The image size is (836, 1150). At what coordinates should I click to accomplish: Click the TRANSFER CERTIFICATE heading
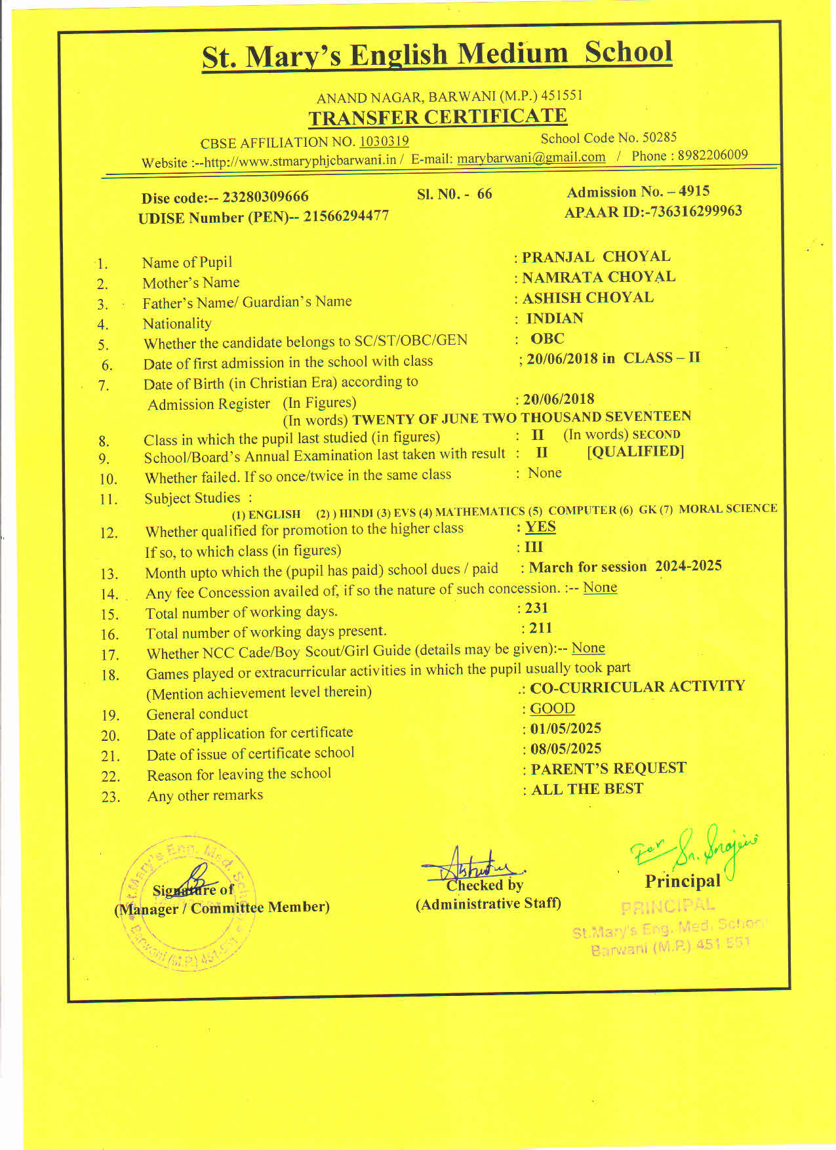point(437,117)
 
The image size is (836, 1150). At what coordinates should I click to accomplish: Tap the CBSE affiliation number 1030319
point(384,141)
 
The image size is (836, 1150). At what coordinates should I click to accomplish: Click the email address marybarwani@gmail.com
point(531,158)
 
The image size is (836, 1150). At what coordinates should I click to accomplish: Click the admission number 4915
point(694,191)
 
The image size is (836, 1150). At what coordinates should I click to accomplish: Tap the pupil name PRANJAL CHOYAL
point(595,256)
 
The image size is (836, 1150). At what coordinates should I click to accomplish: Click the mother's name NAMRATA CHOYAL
point(598,277)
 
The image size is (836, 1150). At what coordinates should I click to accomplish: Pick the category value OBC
point(547,338)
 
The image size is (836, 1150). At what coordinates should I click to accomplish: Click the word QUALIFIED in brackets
point(635,452)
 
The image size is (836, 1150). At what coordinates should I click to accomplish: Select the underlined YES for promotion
point(540,527)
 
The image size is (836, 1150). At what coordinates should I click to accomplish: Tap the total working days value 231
point(536,608)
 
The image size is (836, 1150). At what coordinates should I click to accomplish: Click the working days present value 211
point(540,628)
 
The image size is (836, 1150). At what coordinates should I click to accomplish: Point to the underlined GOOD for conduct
point(552,709)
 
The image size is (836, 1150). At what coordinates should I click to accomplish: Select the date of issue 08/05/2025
point(565,749)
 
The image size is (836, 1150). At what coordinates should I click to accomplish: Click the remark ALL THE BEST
point(587,789)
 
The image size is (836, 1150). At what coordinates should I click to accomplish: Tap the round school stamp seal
point(186,905)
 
